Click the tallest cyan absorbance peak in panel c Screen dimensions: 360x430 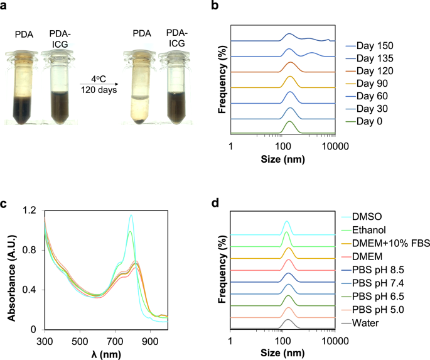(131, 216)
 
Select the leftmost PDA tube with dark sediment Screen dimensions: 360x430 (22, 82)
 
